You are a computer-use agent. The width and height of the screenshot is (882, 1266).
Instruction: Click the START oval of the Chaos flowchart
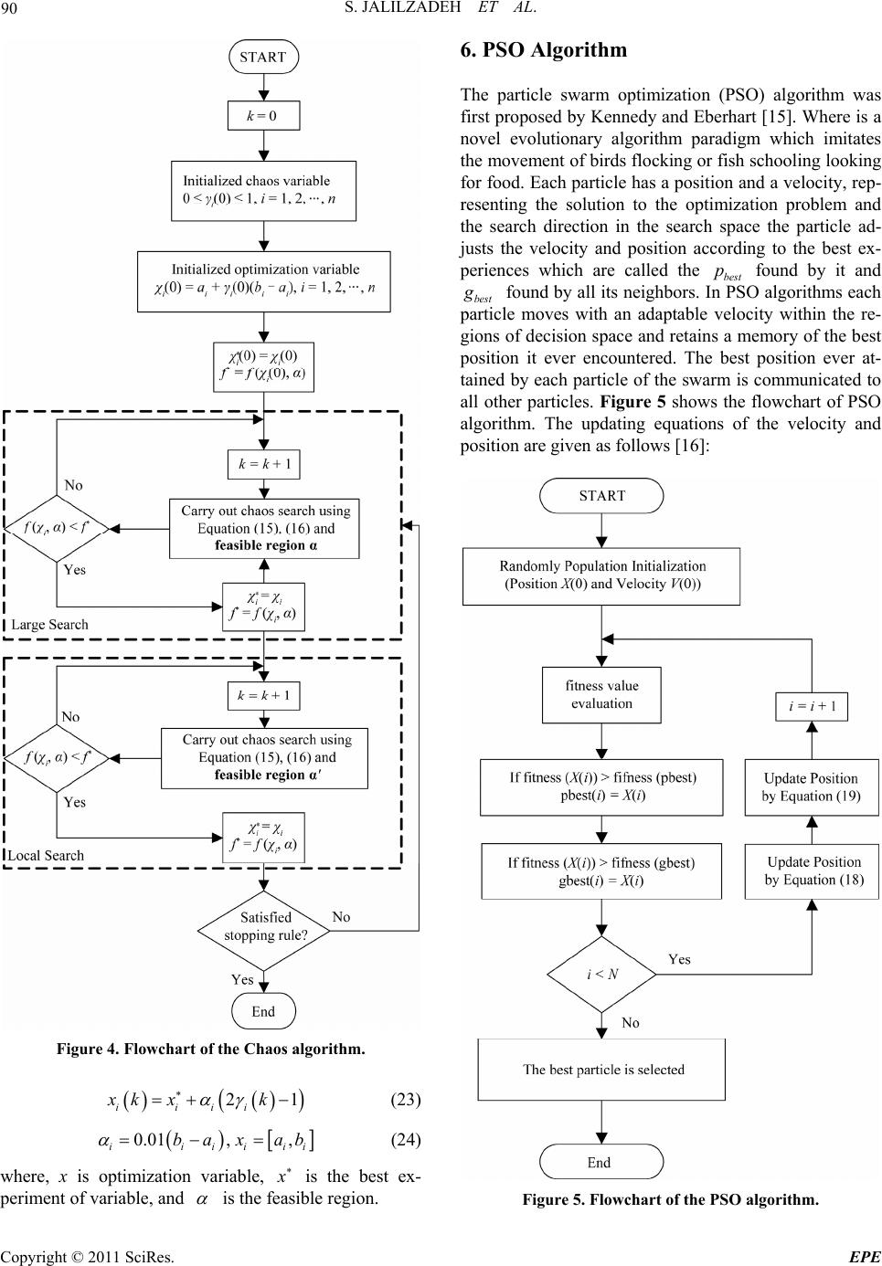pos(263,57)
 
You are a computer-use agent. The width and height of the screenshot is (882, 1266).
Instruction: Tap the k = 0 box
pos(262,116)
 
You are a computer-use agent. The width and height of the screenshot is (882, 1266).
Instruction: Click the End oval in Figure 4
pos(263,1011)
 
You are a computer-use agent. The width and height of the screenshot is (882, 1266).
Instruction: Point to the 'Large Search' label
pos(50,625)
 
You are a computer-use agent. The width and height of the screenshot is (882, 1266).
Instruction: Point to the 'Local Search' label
pos(47,855)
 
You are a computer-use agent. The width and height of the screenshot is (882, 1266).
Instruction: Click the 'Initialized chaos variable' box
pos(262,190)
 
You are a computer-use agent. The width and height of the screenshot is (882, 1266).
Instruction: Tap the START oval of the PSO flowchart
pos(601,496)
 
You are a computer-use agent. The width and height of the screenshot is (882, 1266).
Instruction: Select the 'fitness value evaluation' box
pos(601,694)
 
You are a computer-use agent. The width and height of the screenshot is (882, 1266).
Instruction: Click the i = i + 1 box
pos(813,706)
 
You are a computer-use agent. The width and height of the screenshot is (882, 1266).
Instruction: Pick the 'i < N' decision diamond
pos(602,973)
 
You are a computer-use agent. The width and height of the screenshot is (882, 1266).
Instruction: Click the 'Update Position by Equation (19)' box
pos(811,786)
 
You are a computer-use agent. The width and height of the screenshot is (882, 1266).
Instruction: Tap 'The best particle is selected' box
pos(602,1070)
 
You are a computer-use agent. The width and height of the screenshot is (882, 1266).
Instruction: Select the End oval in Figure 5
pos(600,1163)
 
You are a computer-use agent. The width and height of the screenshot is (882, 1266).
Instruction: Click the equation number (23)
pos(405,1099)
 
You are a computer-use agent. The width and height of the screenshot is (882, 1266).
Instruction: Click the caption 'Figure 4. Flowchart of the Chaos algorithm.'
pos(210,1049)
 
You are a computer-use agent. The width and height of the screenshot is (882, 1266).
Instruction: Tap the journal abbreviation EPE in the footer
pos(864,1257)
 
